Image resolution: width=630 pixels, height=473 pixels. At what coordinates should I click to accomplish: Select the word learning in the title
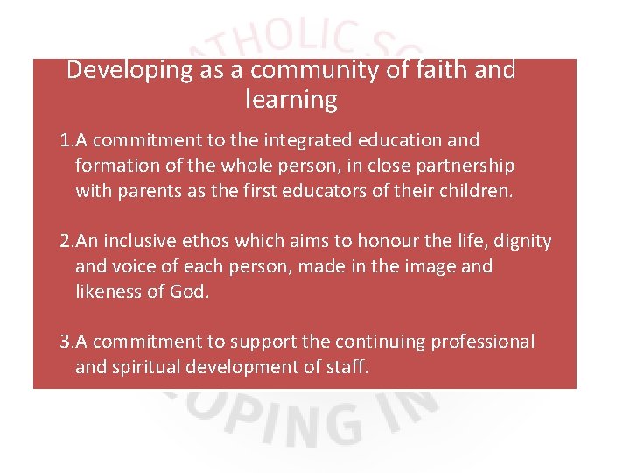point(291,100)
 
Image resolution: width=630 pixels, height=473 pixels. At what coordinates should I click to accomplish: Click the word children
point(473,191)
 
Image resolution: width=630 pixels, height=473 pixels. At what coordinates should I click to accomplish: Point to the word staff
point(347,367)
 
